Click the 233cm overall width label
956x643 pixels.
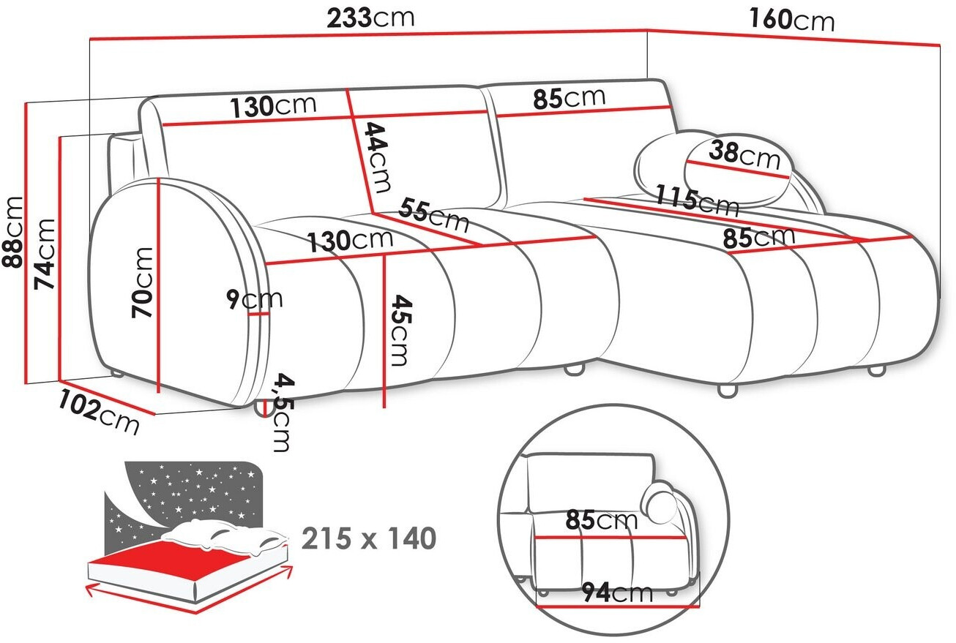coord(370,18)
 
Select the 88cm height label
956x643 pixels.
coord(12,233)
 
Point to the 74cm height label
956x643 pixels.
coord(45,254)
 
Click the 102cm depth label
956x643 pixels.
coord(99,413)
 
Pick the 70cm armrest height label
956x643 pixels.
coord(142,282)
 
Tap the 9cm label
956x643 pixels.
coord(254,299)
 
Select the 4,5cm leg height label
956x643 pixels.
coord(283,413)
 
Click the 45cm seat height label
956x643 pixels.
coord(401,330)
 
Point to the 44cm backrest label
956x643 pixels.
coord(377,157)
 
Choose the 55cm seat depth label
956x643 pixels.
coord(433,215)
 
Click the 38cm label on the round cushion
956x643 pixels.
coord(744,155)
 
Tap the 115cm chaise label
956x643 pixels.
coord(697,200)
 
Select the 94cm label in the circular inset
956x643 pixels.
coord(618,593)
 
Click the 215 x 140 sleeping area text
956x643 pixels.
coord(369,538)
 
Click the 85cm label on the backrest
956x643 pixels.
coord(569,97)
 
